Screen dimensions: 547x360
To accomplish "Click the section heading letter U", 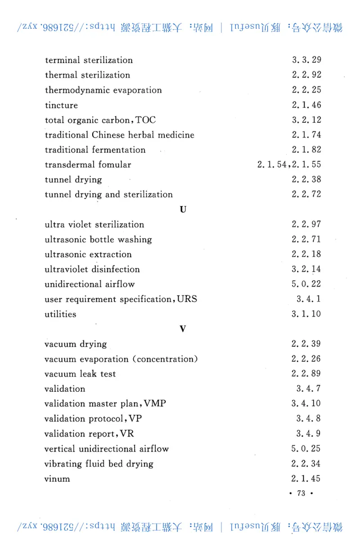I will pyautogui.click(x=183, y=210).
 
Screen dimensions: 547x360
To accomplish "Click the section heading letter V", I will pyautogui.click(x=183, y=329).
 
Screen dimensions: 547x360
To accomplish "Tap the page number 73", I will pyautogui.click(x=301, y=493).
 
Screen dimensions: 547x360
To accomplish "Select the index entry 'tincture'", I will pyautogui.click(x=61, y=105).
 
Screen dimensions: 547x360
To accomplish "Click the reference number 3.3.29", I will pyautogui.click(x=306, y=60).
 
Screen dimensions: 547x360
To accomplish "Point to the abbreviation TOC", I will pyautogui.click(x=145, y=120).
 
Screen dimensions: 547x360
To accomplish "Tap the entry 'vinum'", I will pyautogui.click(x=57, y=479).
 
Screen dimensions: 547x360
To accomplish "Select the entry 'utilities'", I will pyautogui.click(x=60, y=314).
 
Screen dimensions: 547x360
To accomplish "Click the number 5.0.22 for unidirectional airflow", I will pyautogui.click(x=306, y=284).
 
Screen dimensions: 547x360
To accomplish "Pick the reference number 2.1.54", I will pyautogui.click(x=271, y=165).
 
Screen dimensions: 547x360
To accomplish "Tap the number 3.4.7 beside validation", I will pyautogui.click(x=308, y=389).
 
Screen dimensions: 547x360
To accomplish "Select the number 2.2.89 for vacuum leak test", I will pyautogui.click(x=306, y=374).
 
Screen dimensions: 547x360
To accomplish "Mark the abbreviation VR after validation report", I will pyautogui.click(x=127, y=434).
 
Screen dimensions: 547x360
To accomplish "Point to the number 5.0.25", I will pyautogui.click(x=306, y=448).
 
